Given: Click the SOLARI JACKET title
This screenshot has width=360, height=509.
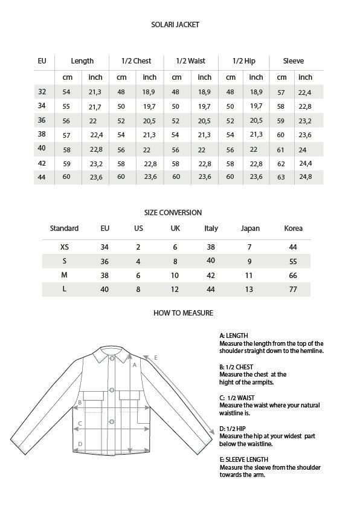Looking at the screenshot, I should [175, 25].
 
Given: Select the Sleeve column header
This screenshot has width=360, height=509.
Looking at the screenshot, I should [294, 61].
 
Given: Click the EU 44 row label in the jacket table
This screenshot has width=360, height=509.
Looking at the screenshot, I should [42, 177].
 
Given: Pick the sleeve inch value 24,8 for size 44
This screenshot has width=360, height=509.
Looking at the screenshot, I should [306, 177].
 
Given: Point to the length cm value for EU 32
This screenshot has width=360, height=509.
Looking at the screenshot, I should [66, 92].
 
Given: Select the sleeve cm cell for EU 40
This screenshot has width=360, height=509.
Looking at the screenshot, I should [281, 149].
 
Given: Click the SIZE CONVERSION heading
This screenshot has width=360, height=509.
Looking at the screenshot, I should [173, 213].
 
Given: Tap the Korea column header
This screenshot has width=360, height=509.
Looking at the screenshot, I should [293, 229].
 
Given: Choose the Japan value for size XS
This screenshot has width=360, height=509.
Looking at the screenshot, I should [249, 247].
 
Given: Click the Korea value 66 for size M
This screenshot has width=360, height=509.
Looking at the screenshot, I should [293, 275].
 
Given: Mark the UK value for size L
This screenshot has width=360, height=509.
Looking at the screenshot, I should [175, 290].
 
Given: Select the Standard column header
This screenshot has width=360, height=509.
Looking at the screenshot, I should [64, 229].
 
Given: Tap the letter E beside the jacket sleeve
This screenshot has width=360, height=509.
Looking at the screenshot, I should [156, 358].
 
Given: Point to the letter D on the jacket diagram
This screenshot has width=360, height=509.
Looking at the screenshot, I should [80, 444].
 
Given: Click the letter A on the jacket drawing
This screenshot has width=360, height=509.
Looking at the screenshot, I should [135, 365].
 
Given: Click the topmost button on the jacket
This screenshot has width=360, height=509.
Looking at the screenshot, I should [111, 360].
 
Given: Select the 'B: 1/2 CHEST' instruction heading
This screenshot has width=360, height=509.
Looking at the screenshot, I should [236, 367].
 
